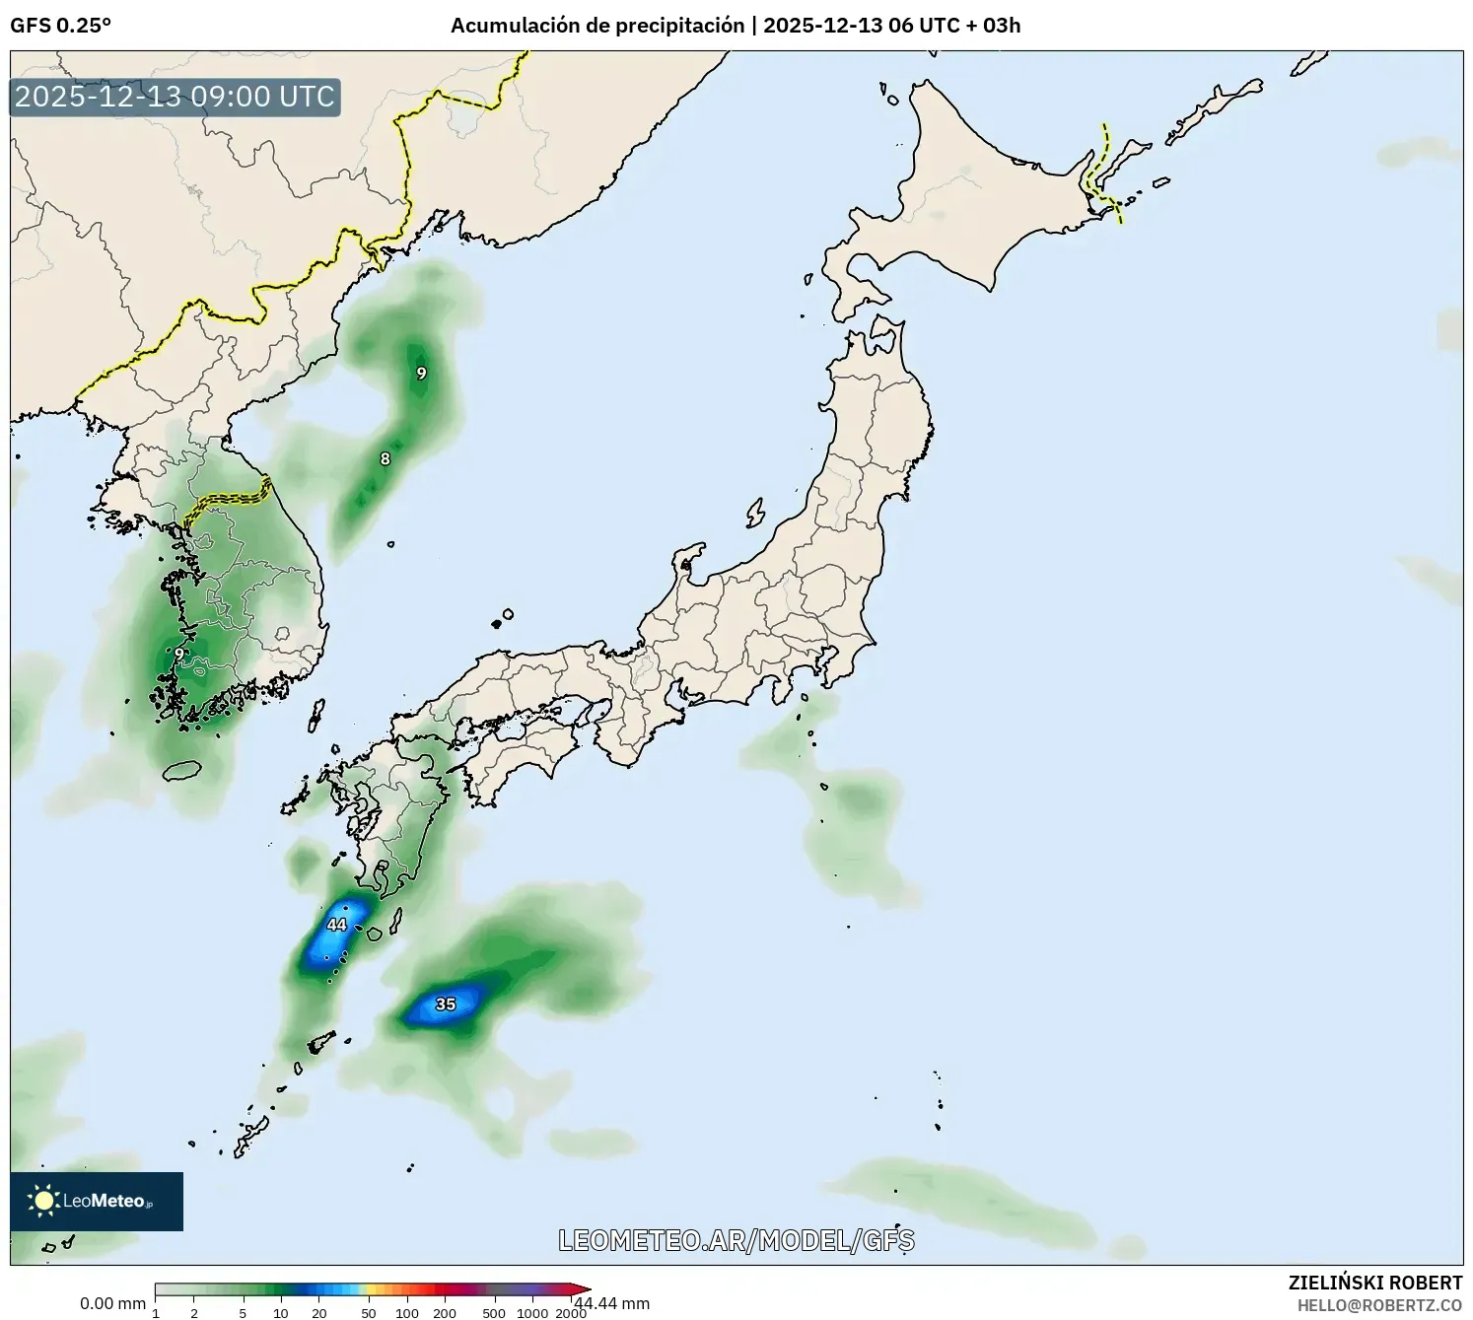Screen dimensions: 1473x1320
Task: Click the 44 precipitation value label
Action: point(337,925)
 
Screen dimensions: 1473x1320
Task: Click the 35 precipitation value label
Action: point(446,1005)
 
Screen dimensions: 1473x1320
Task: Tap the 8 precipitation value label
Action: point(386,458)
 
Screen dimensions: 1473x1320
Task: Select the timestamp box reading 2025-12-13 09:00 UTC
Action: point(175,97)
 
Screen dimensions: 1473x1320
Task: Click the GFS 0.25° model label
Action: point(61,26)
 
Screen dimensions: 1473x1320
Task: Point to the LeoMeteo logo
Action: point(97,1201)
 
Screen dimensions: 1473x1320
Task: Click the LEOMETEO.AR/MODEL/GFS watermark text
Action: point(736,1240)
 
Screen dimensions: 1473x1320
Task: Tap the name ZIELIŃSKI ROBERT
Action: point(1375,1283)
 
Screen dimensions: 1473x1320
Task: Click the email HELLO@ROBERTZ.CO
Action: point(1379,1305)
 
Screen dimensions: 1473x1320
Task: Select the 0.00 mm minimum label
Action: point(112,1303)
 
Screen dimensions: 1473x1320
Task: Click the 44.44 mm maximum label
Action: point(612,1303)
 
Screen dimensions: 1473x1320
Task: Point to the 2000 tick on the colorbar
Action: point(571,1313)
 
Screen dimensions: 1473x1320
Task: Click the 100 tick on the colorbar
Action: point(407,1313)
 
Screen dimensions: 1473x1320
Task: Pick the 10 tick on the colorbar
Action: point(281,1313)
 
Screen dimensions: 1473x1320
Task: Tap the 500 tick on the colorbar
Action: point(494,1313)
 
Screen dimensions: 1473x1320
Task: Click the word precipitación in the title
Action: point(680,26)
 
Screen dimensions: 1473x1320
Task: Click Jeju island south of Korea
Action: point(182,770)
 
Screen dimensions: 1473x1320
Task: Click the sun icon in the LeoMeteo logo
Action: point(43,1201)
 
